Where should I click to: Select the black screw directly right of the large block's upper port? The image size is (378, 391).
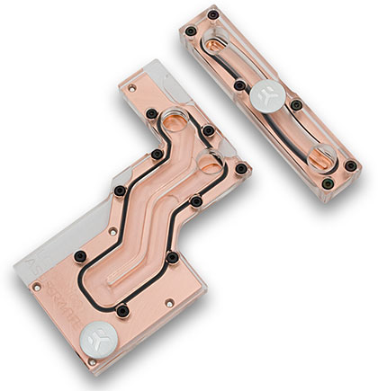(x=209, y=131)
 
